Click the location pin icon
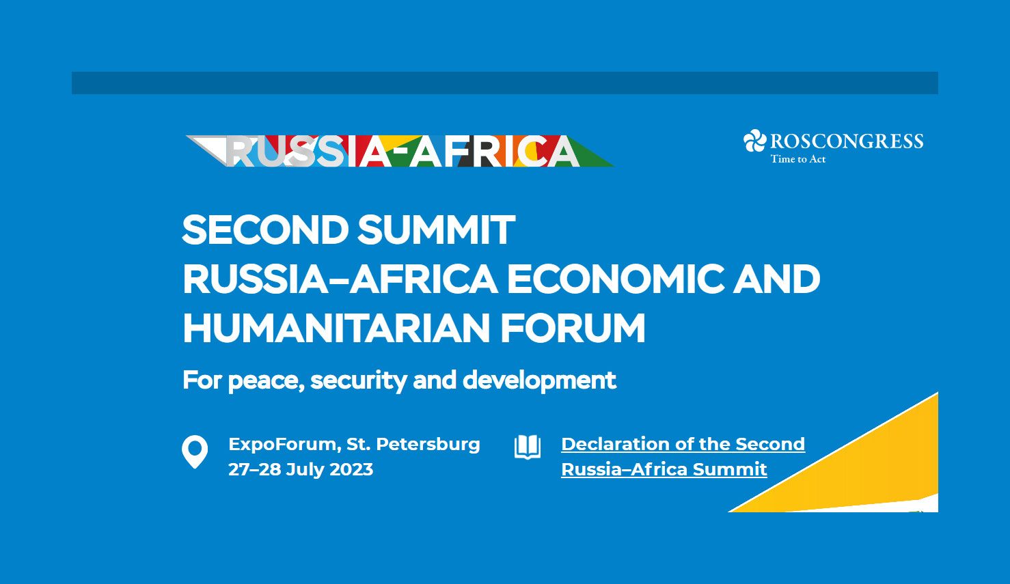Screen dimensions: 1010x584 click(x=195, y=451)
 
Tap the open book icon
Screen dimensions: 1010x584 click(x=528, y=447)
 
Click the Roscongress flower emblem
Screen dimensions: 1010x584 click(x=754, y=141)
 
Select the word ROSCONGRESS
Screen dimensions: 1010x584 click(x=847, y=141)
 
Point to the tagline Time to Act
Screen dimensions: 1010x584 click(x=797, y=159)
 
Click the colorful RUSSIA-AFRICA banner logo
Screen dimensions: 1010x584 click(x=400, y=151)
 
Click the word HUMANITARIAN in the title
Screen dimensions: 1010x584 click(x=336, y=328)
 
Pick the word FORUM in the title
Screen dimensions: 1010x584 click(x=573, y=328)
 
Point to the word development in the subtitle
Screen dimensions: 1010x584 click(x=539, y=380)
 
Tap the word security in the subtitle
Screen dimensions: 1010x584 click(x=359, y=380)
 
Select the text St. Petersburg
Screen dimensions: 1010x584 click(x=413, y=445)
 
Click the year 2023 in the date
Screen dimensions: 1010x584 click(x=351, y=469)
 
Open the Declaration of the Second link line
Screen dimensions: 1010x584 click(x=683, y=444)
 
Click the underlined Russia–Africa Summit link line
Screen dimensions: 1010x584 click(x=664, y=469)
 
